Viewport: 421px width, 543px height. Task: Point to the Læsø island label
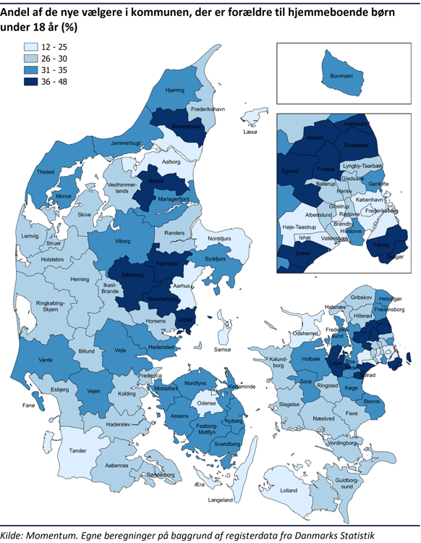250,132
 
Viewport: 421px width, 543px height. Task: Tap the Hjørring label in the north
175,90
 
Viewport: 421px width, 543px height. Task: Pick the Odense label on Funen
208,403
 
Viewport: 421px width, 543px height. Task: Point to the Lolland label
289,491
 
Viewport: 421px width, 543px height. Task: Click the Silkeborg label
132,276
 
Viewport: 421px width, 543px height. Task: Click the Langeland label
221,500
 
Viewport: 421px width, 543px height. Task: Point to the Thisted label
46,172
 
